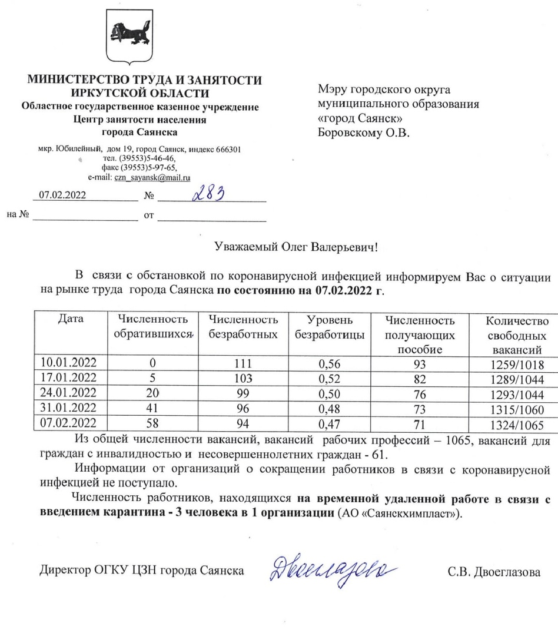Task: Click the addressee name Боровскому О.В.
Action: click(x=363, y=132)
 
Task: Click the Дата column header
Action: click(x=71, y=320)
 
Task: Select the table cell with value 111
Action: click(x=243, y=364)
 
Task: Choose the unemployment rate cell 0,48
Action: click(x=330, y=409)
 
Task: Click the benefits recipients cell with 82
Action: click(x=419, y=379)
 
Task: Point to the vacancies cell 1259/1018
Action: click(x=516, y=364)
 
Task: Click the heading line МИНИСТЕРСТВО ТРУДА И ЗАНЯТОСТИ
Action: click(x=145, y=81)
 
